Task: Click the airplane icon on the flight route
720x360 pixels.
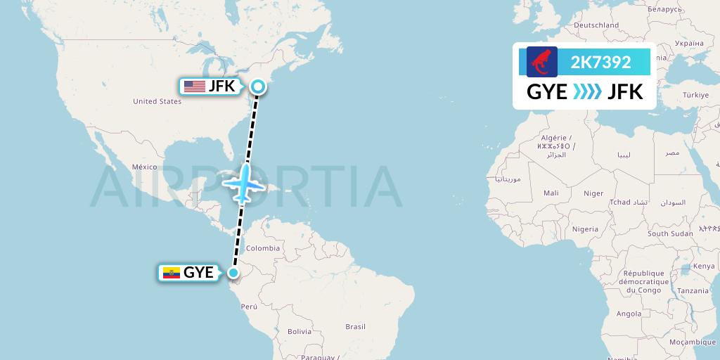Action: click(x=243, y=184)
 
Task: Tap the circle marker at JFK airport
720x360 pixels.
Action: click(x=258, y=86)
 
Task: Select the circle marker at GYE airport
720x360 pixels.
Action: click(x=233, y=273)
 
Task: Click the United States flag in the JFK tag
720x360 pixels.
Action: click(x=194, y=86)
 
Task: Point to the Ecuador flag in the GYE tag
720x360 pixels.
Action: click(x=171, y=273)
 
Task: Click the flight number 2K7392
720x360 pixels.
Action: click(x=600, y=63)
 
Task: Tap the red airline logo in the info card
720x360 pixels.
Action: click(x=542, y=63)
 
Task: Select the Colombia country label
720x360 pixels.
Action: click(x=262, y=248)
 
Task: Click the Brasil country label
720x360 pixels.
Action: click(x=355, y=326)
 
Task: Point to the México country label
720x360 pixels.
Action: click(x=144, y=167)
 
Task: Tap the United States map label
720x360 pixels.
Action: click(x=157, y=101)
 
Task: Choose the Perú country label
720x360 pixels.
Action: click(x=249, y=307)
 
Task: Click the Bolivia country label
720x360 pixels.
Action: click(x=299, y=331)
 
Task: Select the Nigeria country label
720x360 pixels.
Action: click(x=585, y=229)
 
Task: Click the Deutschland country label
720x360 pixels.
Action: click(x=596, y=25)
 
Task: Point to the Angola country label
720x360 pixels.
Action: click(x=628, y=314)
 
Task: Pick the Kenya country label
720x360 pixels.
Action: click(x=705, y=266)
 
